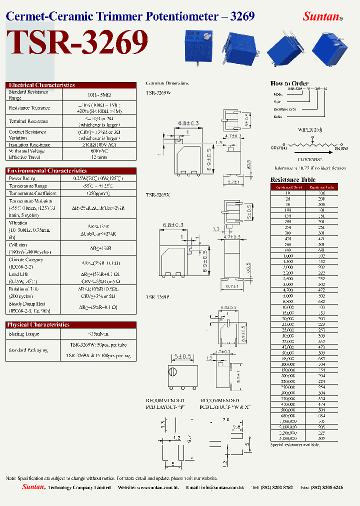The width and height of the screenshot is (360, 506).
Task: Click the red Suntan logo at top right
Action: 322,16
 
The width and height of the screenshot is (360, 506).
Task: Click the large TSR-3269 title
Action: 77,43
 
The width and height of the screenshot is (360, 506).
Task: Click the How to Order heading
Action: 289,83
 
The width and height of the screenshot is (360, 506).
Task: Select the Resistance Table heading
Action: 292,180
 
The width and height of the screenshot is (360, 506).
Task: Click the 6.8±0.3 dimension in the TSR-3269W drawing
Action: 188,122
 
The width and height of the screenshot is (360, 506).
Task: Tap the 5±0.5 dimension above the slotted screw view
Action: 182,356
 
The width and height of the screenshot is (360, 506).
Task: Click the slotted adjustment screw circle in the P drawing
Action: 172,372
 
